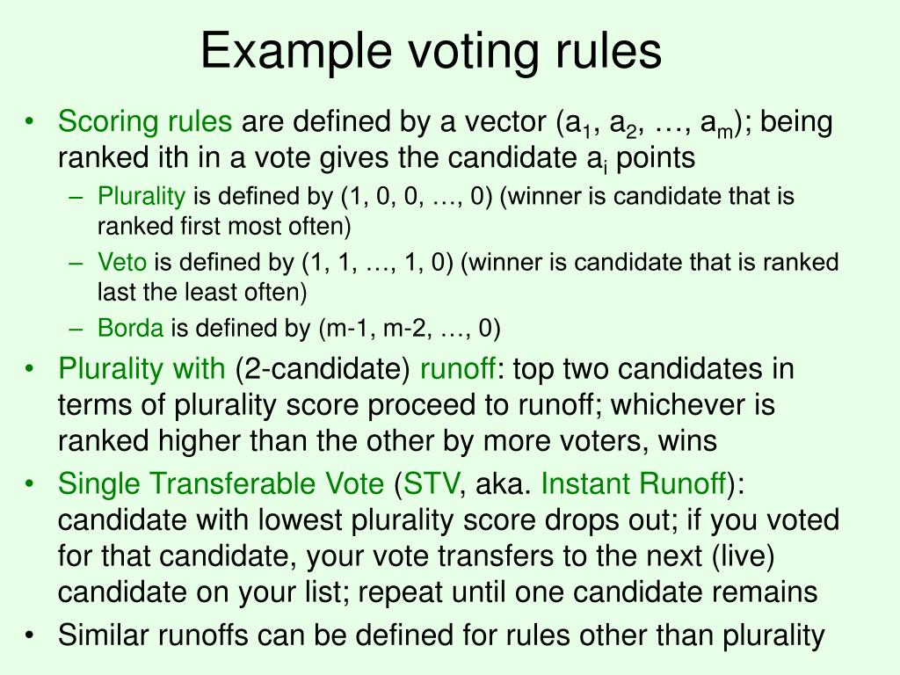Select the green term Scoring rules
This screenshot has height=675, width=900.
tap(145, 122)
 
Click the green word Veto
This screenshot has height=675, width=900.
tap(122, 262)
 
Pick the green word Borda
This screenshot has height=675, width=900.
tap(130, 329)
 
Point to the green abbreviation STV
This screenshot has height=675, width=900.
tap(428, 483)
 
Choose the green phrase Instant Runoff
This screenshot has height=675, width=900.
tap(634, 483)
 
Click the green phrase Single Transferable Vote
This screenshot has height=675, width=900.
tap(221, 483)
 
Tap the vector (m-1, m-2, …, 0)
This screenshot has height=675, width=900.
tap(410, 329)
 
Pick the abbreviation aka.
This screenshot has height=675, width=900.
tap(504, 483)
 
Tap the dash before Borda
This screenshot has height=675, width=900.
tap(77, 329)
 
